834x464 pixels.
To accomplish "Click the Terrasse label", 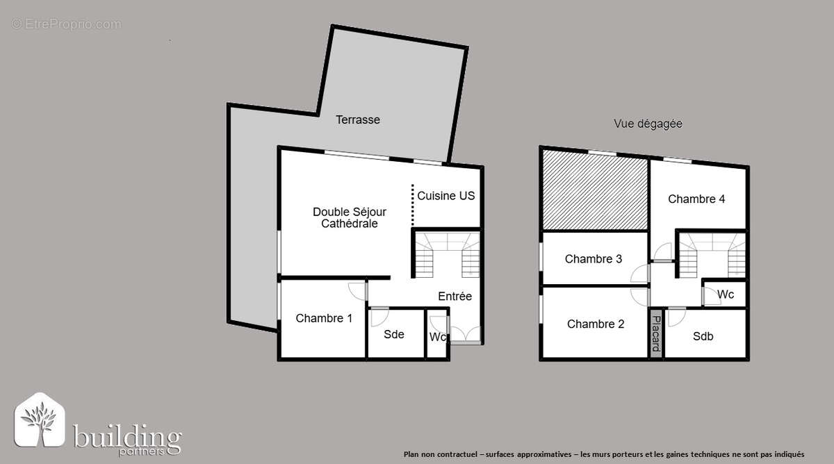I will tap(358, 119).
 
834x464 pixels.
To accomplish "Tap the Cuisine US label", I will tap(446, 196).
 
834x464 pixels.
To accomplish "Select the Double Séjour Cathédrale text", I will tap(349, 217).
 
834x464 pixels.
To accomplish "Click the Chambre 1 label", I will tap(324, 318).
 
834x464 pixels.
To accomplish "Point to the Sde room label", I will tap(394, 334).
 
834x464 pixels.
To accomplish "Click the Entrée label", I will tap(455, 296).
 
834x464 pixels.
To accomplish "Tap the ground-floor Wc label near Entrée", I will tap(437, 338).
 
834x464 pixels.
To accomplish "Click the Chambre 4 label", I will tap(696, 199).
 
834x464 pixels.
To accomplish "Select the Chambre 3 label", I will tap(594, 259).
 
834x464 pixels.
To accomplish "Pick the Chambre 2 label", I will tap(596, 324).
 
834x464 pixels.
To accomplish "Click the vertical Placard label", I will tap(655, 333).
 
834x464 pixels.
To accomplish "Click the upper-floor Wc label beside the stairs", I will tap(726, 295).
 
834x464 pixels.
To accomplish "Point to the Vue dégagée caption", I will tap(648, 124).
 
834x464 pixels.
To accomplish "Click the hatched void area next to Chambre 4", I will tap(595, 191).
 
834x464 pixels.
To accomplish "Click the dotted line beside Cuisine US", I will tap(412, 205).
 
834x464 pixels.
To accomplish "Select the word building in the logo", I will tap(128, 438).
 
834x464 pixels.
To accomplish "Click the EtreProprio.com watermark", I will tap(66, 24).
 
